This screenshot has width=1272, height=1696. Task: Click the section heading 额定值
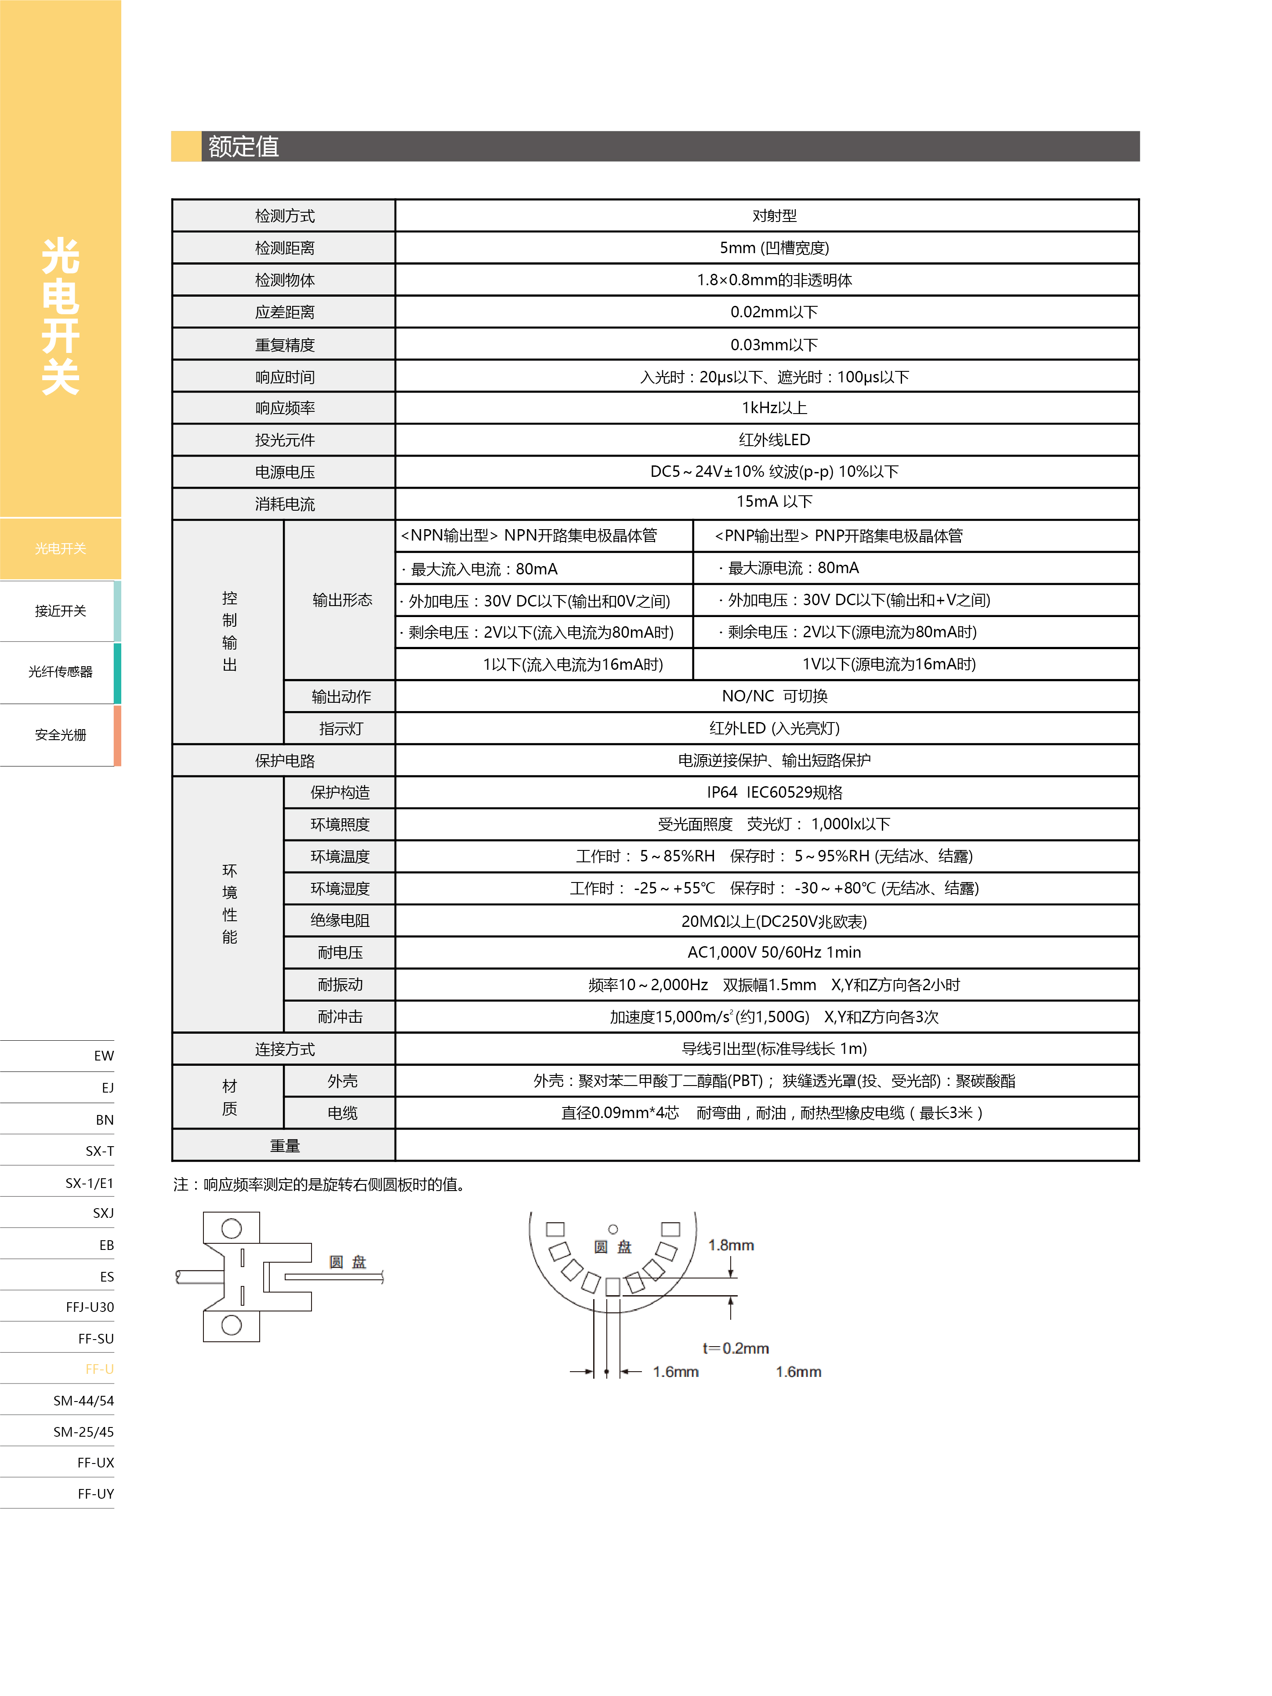point(243,146)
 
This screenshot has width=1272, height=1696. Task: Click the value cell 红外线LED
point(774,440)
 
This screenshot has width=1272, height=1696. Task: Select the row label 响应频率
point(284,408)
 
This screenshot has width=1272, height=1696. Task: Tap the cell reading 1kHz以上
point(774,408)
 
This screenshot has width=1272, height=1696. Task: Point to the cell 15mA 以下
point(774,501)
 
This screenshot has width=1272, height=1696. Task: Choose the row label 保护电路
point(284,761)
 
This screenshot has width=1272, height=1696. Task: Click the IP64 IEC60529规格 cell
point(774,792)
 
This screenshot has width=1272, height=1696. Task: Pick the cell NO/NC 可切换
point(774,696)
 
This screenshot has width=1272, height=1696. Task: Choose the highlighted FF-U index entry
point(100,1369)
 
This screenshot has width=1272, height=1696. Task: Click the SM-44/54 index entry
point(83,1401)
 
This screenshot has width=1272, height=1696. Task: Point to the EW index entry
point(104,1056)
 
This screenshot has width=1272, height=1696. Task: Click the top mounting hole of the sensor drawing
point(232,1228)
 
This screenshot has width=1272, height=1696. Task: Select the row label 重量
point(284,1145)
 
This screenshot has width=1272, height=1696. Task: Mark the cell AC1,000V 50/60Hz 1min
point(774,952)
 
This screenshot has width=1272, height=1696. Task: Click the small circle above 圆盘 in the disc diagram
point(612,1229)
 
